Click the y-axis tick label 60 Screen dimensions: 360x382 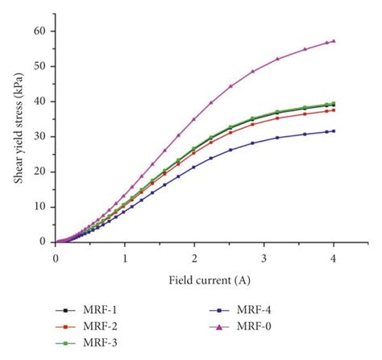(40, 31)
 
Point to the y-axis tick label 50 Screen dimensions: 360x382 (40, 66)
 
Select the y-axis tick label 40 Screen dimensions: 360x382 (40, 101)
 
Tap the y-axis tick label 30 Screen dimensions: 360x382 (40, 136)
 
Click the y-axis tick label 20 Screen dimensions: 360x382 (40, 171)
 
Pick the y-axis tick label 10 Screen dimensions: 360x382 (40, 206)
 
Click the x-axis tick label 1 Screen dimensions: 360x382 (125, 257)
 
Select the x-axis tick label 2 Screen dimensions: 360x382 (194, 257)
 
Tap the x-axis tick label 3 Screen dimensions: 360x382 (264, 257)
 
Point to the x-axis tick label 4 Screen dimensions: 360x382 (334, 257)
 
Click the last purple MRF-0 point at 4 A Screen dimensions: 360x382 (334, 41)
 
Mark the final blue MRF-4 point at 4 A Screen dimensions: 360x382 (334, 130)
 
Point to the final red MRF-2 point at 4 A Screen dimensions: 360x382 (334, 110)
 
